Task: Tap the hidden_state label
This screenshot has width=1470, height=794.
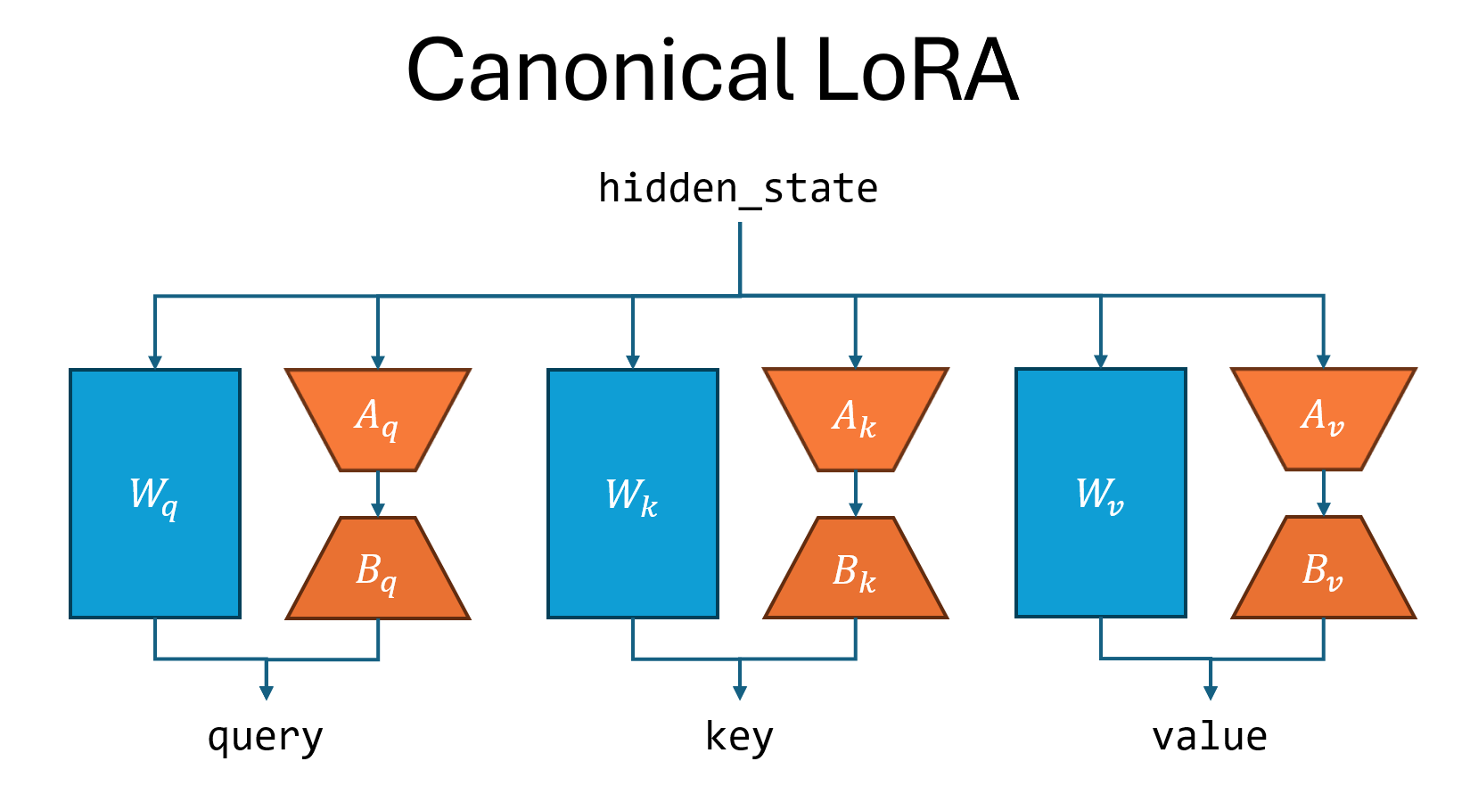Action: (738, 189)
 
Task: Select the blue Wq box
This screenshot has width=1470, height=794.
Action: (155, 494)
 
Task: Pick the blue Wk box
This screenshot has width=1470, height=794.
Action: (633, 494)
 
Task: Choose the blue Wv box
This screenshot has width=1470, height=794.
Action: (1101, 493)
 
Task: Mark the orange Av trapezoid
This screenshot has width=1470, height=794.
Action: (1324, 418)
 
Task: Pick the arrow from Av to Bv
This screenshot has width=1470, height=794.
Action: (1324, 493)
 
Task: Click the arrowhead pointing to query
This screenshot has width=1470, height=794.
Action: (266, 692)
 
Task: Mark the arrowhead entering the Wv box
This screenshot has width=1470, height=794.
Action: (1101, 361)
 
